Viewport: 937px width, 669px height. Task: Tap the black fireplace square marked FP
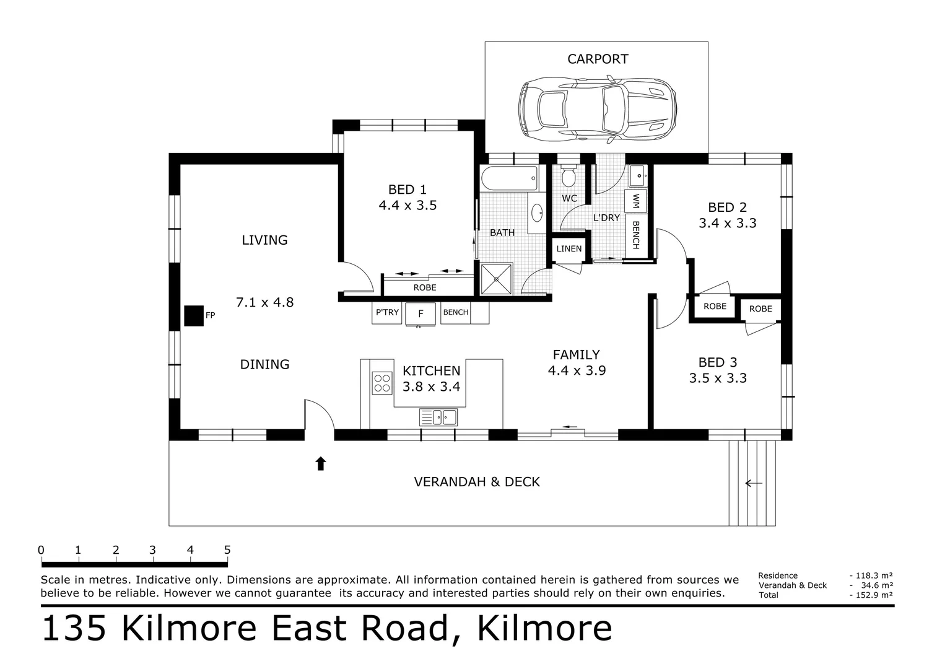coord(194,316)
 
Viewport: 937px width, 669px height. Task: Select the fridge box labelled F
coord(421,313)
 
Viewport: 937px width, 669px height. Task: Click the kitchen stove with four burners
coord(381,383)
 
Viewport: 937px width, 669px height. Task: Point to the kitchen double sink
coord(438,417)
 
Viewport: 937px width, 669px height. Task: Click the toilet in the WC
coord(569,177)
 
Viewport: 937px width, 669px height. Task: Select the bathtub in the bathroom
coord(509,179)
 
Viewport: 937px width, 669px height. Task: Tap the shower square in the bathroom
coord(497,279)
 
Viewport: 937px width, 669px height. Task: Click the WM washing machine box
coord(635,201)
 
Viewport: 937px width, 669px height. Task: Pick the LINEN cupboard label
coord(569,249)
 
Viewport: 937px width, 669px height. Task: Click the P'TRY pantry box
coord(387,312)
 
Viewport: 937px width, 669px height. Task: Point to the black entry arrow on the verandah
coord(320,463)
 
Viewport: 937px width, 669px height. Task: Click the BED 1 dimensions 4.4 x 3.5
coord(407,205)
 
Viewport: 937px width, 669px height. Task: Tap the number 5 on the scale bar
coord(227,549)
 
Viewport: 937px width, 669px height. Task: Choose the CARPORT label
coord(598,59)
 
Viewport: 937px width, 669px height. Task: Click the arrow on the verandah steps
coord(753,483)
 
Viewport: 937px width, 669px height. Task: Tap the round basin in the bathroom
coord(537,212)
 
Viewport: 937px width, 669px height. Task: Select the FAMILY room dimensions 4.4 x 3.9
coord(576,370)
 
